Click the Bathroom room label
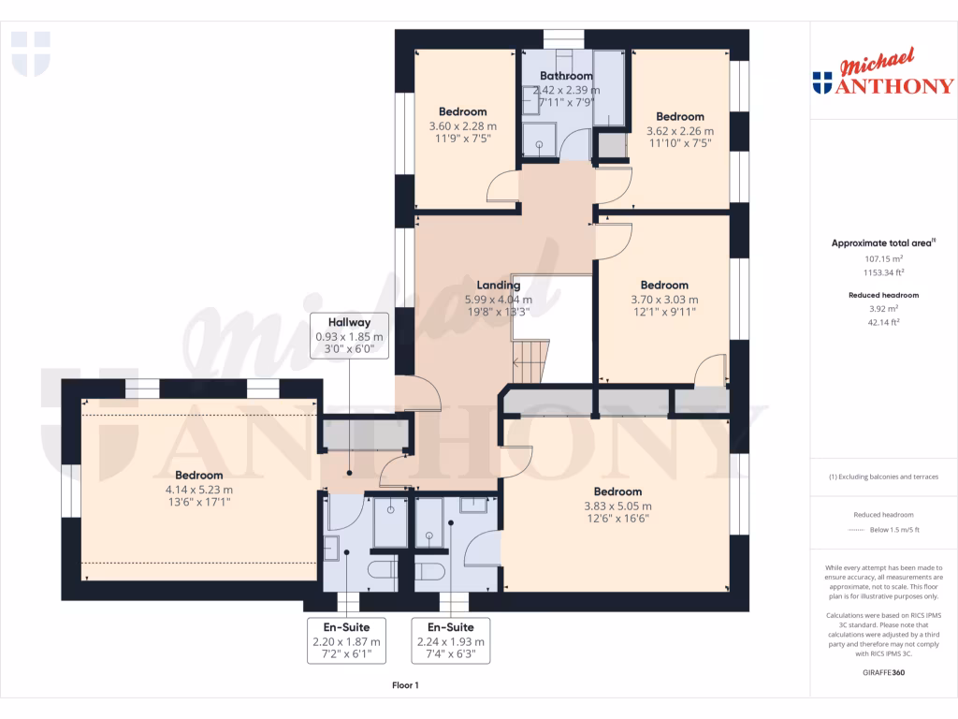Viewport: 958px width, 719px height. [x=566, y=76]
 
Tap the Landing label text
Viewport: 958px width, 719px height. [x=498, y=286]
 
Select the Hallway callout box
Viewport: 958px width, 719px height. [x=348, y=335]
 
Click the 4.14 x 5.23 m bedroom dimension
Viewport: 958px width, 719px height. [x=198, y=489]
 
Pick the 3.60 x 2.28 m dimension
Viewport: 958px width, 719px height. [x=462, y=126]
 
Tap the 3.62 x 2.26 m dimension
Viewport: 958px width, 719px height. [x=679, y=131]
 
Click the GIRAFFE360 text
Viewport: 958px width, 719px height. [x=883, y=672]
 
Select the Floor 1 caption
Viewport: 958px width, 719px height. [x=405, y=686]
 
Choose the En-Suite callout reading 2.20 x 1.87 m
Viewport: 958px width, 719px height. [x=346, y=641]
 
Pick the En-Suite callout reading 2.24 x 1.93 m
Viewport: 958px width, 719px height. [x=450, y=641]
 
